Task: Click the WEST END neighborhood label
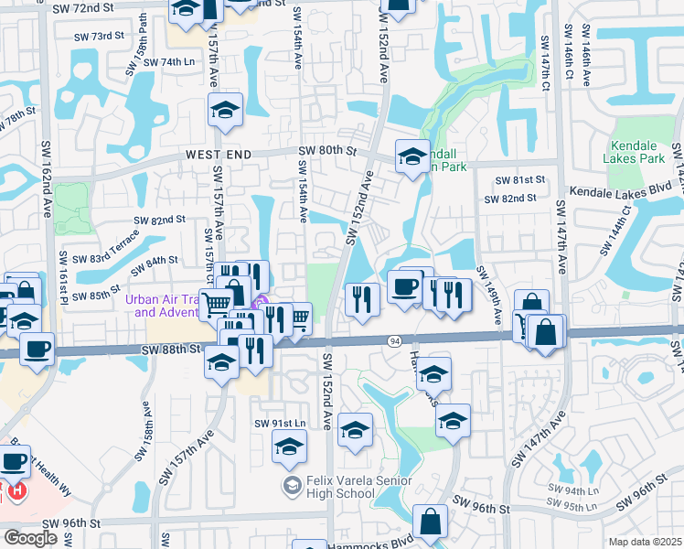pyautogui.click(x=218, y=156)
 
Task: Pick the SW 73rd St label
pyautogui.click(x=102, y=36)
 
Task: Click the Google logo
pyautogui.click(x=30, y=537)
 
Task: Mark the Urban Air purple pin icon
pyautogui.click(x=261, y=303)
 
